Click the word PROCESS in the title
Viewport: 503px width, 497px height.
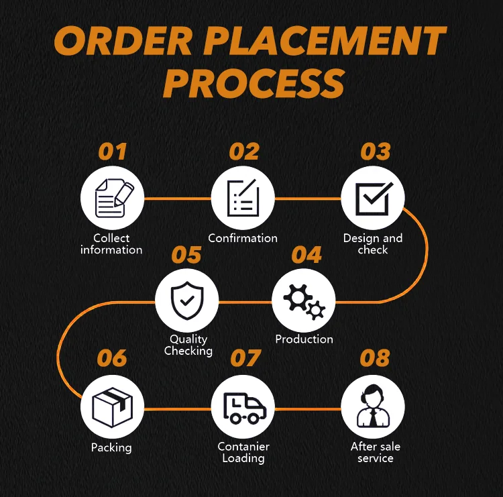coord(254,84)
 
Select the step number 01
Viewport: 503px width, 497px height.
coord(113,152)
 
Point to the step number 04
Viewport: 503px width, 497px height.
coord(306,255)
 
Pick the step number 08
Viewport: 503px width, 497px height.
coord(374,358)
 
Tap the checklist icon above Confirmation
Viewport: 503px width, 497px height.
coord(243,198)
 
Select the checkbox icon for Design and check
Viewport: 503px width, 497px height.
coord(373,198)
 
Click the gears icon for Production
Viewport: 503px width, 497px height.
coord(304,301)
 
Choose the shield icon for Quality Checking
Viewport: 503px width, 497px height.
coord(186,301)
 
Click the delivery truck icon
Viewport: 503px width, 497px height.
coord(243,407)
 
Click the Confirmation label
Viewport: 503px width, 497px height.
coord(243,238)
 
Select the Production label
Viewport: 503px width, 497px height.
coord(304,339)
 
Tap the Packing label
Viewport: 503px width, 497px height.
coord(111,447)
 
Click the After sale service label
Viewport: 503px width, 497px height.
coord(375,453)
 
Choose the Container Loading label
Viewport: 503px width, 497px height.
coord(243,453)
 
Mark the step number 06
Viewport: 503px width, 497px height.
coord(112,358)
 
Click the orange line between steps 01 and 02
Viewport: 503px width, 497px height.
coord(178,199)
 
